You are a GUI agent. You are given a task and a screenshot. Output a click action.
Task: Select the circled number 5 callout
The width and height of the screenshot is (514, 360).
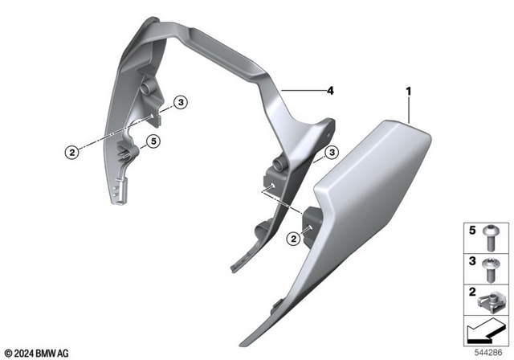[x=154, y=141]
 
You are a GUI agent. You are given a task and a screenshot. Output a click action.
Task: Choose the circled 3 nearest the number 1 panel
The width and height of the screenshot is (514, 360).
[x=330, y=153]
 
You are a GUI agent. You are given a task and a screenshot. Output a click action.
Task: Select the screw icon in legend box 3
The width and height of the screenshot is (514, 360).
[x=492, y=266]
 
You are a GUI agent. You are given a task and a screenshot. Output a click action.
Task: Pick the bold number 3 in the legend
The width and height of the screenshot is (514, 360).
[x=473, y=260]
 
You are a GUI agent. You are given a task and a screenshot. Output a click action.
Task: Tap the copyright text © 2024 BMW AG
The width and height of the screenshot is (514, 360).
[x=37, y=352]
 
